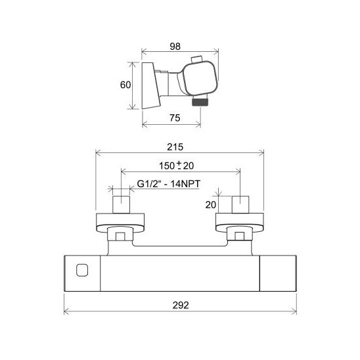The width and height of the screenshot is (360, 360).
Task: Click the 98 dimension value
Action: pyautogui.click(x=175, y=47)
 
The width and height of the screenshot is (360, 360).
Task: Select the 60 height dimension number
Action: pyautogui.click(x=125, y=85)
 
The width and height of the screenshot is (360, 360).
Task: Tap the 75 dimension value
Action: pyautogui.click(x=175, y=118)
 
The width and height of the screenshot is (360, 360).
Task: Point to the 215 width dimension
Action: pyautogui.click(x=175, y=147)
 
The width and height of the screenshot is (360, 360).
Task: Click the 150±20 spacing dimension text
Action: pyautogui.click(x=176, y=166)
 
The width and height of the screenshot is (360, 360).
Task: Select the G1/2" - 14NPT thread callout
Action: pyautogui.click(x=169, y=184)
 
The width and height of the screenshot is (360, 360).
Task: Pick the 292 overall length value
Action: pyautogui.click(x=181, y=305)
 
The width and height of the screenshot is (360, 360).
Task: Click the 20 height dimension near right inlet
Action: pyautogui.click(x=210, y=205)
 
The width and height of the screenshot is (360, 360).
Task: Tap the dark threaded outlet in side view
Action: pyautogui.click(x=200, y=101)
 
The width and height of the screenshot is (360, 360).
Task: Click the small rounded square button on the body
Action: pyautogui.click(x=82, y=270)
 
